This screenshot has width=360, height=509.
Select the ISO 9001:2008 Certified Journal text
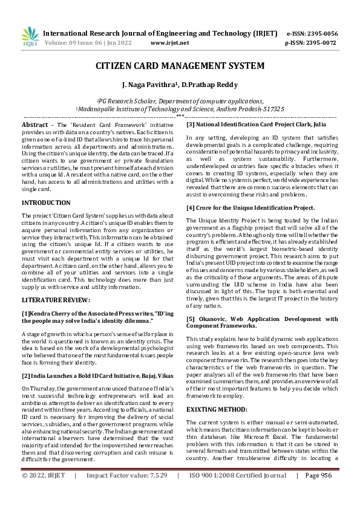(x=238, y=493)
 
